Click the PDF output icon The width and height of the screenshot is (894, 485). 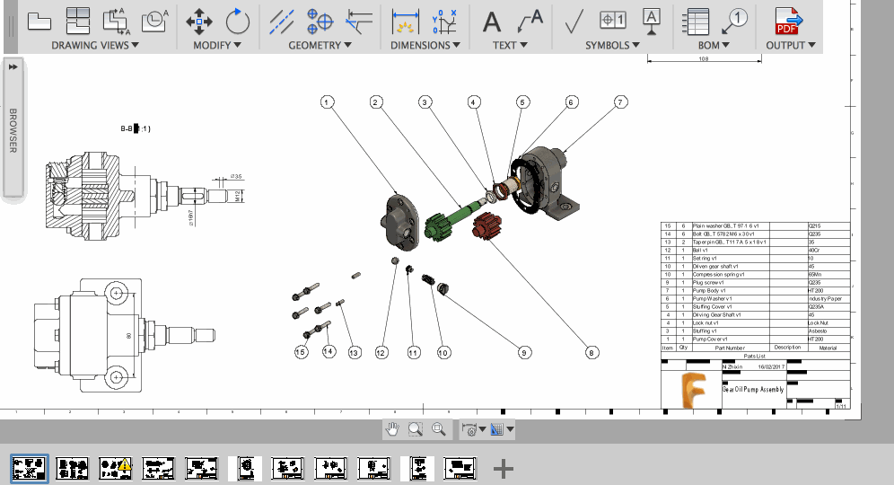coord(788,20)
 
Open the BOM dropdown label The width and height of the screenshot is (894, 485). coord(714,45)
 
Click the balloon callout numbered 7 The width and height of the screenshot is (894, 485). coord(619,102)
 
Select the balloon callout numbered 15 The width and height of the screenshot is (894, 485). coord(302,352)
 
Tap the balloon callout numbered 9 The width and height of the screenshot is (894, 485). coord(523,353)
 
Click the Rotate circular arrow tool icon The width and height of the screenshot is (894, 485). coord(237,20)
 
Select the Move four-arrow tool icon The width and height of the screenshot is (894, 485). coord(199,20)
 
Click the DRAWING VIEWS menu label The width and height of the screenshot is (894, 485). coord(94,45)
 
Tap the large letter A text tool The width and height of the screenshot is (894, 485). coord(492,20)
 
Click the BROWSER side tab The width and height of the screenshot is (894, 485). coord(13,130)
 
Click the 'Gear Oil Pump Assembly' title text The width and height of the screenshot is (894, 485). coord(753,390)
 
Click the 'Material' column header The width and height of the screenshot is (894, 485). coord(827,348)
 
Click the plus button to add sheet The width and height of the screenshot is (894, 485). coord(504,467)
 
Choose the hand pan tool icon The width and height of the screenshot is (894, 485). coord(392,429)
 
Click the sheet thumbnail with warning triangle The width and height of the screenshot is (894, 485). coord(116,467)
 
